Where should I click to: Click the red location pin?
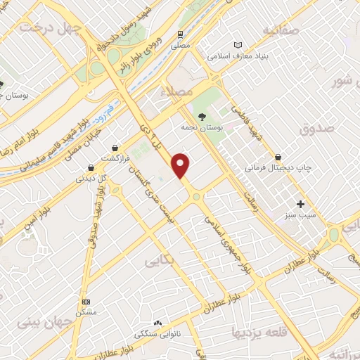point(181,165)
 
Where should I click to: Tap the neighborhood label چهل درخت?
point(51,27)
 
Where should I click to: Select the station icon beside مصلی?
point(181,33)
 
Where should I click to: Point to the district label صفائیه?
point(281,30)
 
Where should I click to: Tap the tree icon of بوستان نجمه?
point(202,117)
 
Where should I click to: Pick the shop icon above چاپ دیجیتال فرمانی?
point(279,157)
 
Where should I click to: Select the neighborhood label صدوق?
point(314,129)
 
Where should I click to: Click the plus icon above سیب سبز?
point(301,204)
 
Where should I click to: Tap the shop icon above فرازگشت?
point(115,148)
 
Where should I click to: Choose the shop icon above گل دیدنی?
point(90,167)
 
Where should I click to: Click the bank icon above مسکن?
point(86,301)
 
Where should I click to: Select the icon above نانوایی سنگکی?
point(157,323)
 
